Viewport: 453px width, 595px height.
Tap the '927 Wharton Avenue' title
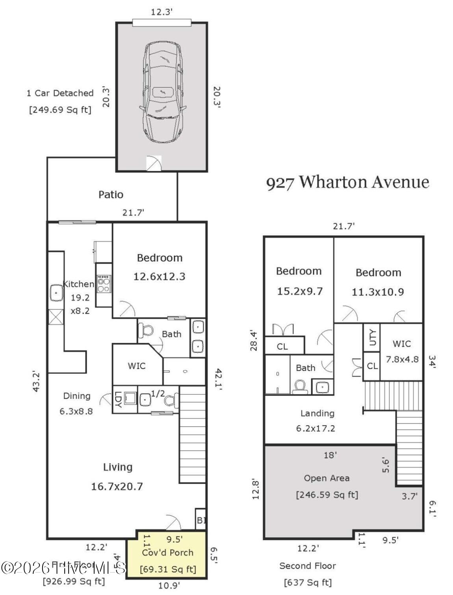347,183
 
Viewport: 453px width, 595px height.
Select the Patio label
111,194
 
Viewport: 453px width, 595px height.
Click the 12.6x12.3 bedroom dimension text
159,276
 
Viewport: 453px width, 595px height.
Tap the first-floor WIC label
137,366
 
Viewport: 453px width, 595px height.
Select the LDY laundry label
118,399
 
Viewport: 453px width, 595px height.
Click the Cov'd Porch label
167,552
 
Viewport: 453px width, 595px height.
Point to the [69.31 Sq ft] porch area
168,569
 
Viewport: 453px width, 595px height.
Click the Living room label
117,467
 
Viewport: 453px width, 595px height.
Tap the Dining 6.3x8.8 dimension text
76,411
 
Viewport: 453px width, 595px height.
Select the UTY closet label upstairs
372,337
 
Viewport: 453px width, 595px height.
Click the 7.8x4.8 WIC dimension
402,359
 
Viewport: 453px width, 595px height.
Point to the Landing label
317,413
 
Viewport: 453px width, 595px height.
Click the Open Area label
327,478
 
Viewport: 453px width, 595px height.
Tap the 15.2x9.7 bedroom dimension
299,291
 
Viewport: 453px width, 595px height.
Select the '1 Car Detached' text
60,93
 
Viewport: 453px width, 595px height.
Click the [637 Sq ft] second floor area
308,582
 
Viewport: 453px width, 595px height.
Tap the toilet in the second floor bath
300,386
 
